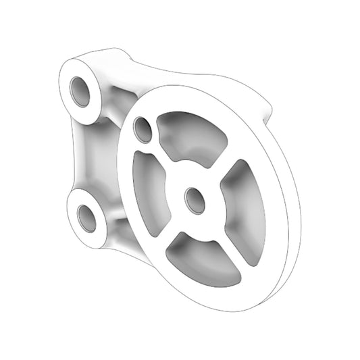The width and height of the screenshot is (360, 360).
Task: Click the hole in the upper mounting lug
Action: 80,91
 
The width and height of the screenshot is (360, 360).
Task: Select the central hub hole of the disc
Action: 195,200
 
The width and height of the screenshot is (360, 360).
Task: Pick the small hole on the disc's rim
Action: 143,129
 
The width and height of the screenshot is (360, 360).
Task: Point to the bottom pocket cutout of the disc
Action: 203,259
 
